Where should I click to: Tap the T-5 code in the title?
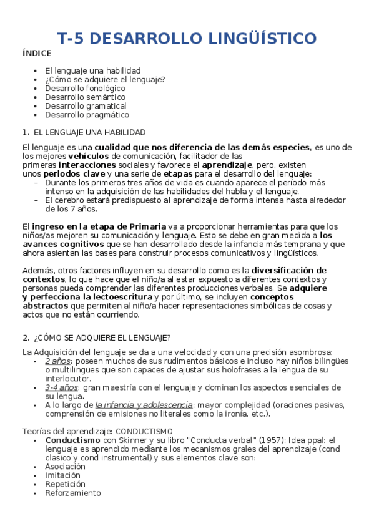72,39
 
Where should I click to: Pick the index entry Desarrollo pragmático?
87,115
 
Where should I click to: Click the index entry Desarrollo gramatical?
86,106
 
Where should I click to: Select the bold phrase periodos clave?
78,173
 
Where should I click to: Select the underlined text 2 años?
57,361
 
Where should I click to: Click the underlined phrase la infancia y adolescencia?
144,405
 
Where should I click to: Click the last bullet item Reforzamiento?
72,492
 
